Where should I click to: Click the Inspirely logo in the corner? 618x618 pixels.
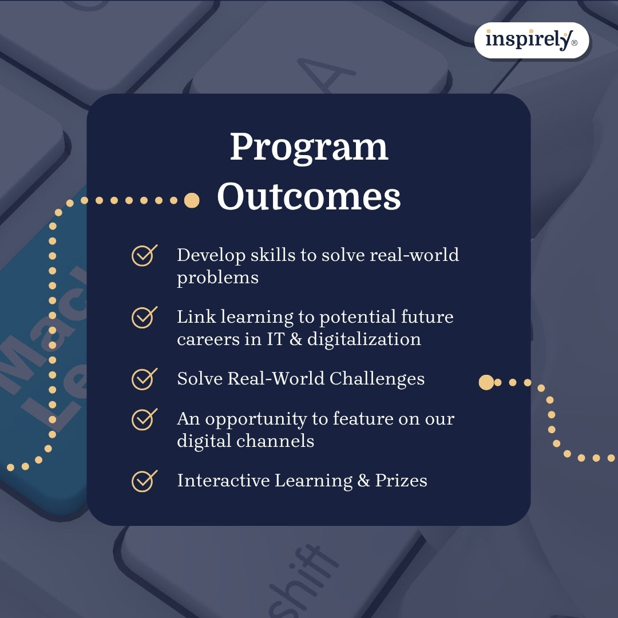[531, 40]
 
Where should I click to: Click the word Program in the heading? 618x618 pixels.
[309, 148]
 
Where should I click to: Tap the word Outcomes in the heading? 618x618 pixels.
[309, 197]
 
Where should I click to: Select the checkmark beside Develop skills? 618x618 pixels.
[144, 255]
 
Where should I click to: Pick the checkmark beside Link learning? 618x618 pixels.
[144, 317]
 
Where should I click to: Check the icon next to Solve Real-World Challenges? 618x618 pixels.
[144, 379]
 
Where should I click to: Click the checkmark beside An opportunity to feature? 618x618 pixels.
[144, 419]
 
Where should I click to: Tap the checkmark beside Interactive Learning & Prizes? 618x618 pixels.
[144, 481]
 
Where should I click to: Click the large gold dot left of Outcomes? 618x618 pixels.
[192, 200]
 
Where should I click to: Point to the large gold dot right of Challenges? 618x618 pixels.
[486, 382]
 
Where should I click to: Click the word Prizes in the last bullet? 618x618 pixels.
[401, 481]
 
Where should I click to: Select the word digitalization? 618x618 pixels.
[364, 339]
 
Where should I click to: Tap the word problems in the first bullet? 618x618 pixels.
[217, 278]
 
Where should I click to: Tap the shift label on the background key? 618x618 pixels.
[303, 578]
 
